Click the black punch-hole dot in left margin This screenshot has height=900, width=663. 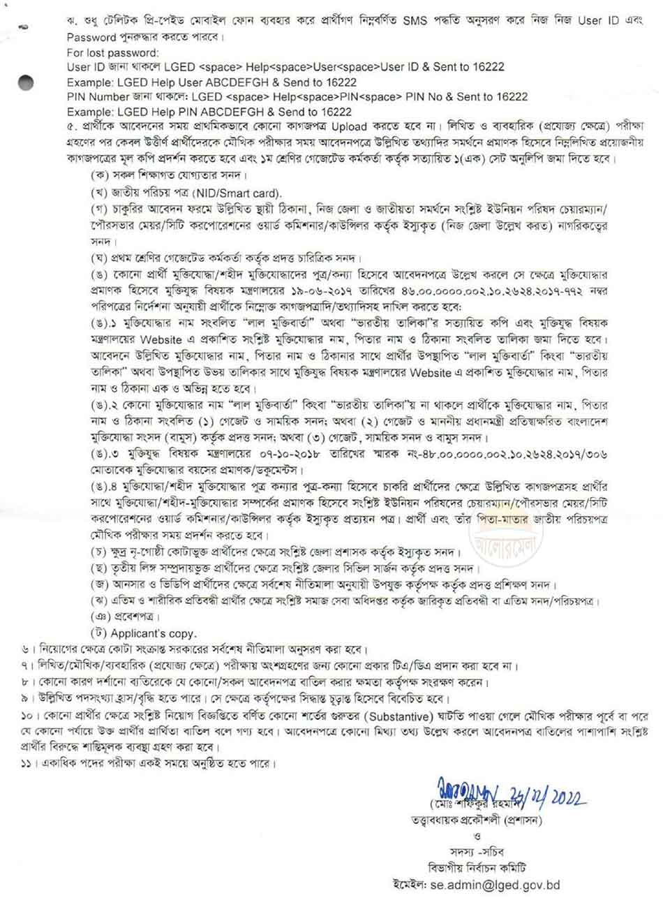coord(26,82)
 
